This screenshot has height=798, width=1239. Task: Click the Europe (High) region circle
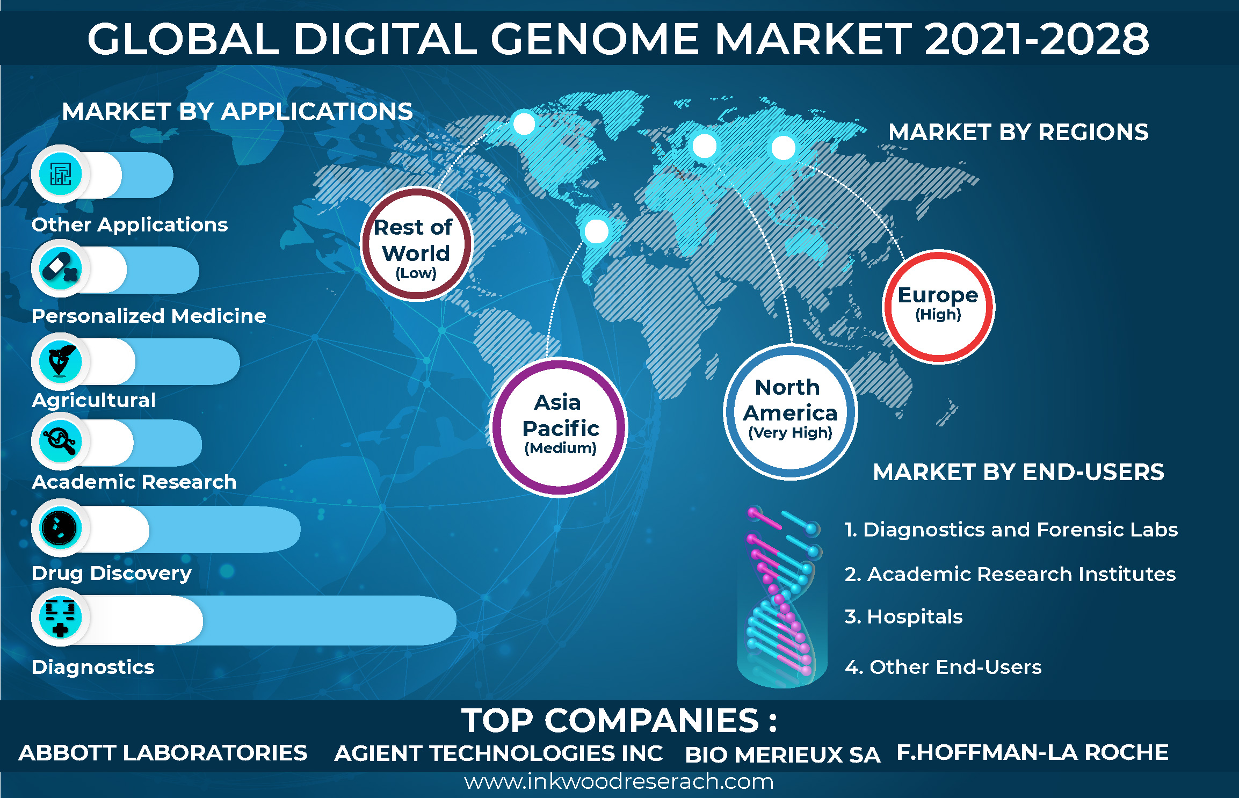coord(938,306)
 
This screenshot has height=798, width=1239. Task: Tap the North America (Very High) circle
coord(790,412)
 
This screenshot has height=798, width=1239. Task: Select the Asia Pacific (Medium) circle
coord(559,427)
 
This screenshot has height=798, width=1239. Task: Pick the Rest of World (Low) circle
coord(416,244)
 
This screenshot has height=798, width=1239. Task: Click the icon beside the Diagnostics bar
coord(60,617)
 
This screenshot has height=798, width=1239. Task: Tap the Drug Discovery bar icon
coord(60,527)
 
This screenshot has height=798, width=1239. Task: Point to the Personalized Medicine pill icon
coord(60,268)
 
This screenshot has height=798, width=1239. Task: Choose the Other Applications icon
coord(60,174)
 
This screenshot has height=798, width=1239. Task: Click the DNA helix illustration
coord(782,597)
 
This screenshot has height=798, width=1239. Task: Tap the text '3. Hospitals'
coord(903,616)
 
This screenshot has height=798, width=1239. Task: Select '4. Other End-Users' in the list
coord(943,666)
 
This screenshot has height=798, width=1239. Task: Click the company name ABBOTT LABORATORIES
coord(163,752)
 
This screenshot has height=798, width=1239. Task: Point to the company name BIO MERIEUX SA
coord(782,755)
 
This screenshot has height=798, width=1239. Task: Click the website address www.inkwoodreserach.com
coord(619,781)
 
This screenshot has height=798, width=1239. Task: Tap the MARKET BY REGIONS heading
coord(1018,132)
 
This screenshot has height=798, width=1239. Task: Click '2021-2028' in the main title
coord(1037,39)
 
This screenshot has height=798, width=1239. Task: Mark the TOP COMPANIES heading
coord(619,720)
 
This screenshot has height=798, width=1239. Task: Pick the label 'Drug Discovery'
coord(111,573)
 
